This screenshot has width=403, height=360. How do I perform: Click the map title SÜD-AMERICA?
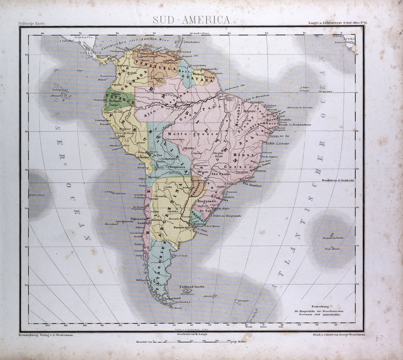coord(192,20)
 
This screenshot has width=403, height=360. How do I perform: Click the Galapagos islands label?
coord(57,89)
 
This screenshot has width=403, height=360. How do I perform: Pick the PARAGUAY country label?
coord(197,189)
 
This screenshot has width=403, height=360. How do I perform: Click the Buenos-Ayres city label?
coord(185,228)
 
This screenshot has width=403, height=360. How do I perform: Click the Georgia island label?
coord(244,301)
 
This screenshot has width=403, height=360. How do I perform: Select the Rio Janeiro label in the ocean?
coord(252,184)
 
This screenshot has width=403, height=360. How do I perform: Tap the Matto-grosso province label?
coord(184,134)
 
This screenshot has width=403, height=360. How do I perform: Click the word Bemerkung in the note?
coord(319,306)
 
